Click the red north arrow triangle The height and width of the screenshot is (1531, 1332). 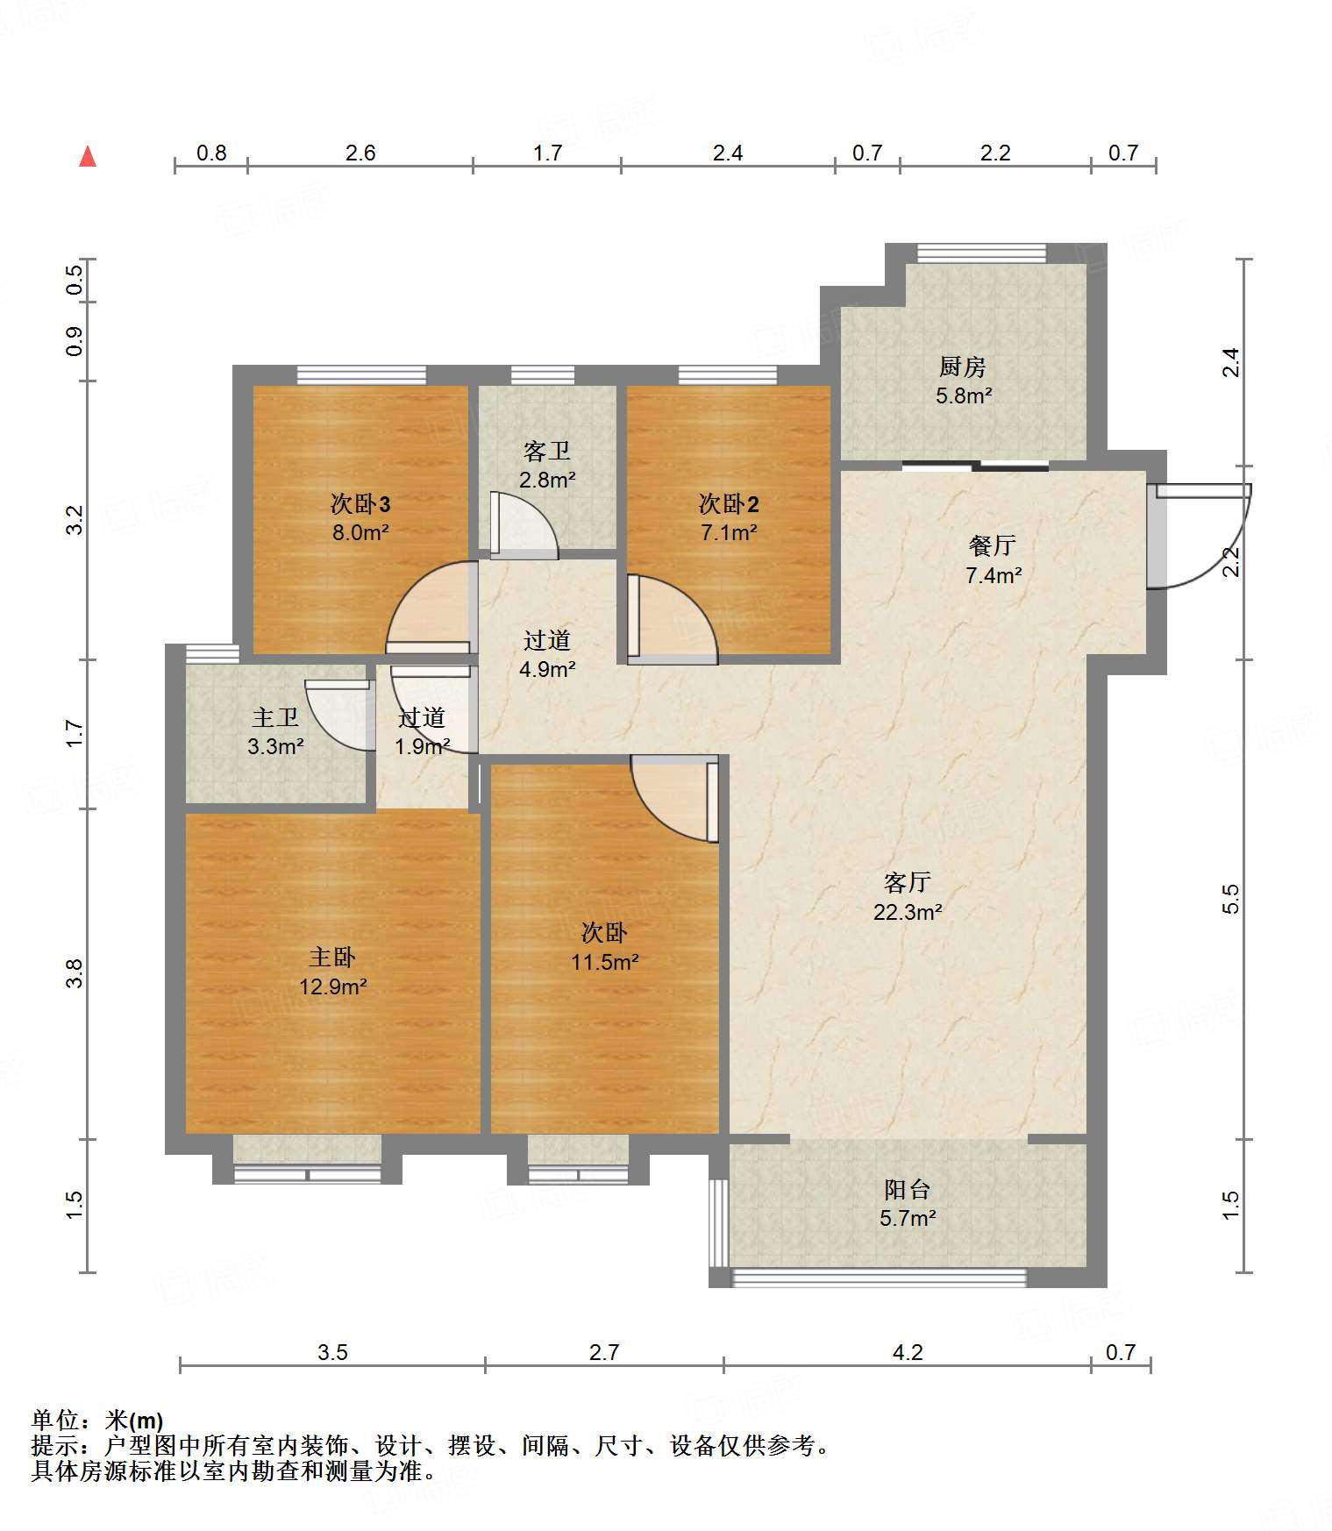coord(88,156)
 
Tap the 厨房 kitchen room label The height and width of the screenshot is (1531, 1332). coord(963,367)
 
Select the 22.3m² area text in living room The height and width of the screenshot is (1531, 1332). coord(908,912)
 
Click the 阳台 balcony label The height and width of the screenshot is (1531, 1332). coord(908,1190)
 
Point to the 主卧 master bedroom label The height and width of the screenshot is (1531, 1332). coord(332,958)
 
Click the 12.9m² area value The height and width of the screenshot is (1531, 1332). coord(332,987)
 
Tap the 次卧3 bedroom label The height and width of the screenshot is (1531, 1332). coord(360,504)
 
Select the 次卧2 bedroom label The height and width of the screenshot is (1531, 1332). coord(729,504)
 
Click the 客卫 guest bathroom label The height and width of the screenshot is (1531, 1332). coord(547,451)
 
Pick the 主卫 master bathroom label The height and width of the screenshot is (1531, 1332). coord(275,717)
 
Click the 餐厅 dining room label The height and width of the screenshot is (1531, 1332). coord(993,545)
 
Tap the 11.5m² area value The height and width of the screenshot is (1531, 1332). coord(604,963)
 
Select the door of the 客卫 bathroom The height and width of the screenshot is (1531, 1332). coord(524,525)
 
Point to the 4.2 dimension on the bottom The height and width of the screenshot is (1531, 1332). coord(908,1353)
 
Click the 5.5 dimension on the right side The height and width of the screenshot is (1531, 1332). coord(1231,899)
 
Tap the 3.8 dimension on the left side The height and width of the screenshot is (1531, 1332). coord(75,974)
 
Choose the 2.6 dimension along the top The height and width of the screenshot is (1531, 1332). coord(360,153)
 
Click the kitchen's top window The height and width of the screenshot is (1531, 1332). coord(982,253)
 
